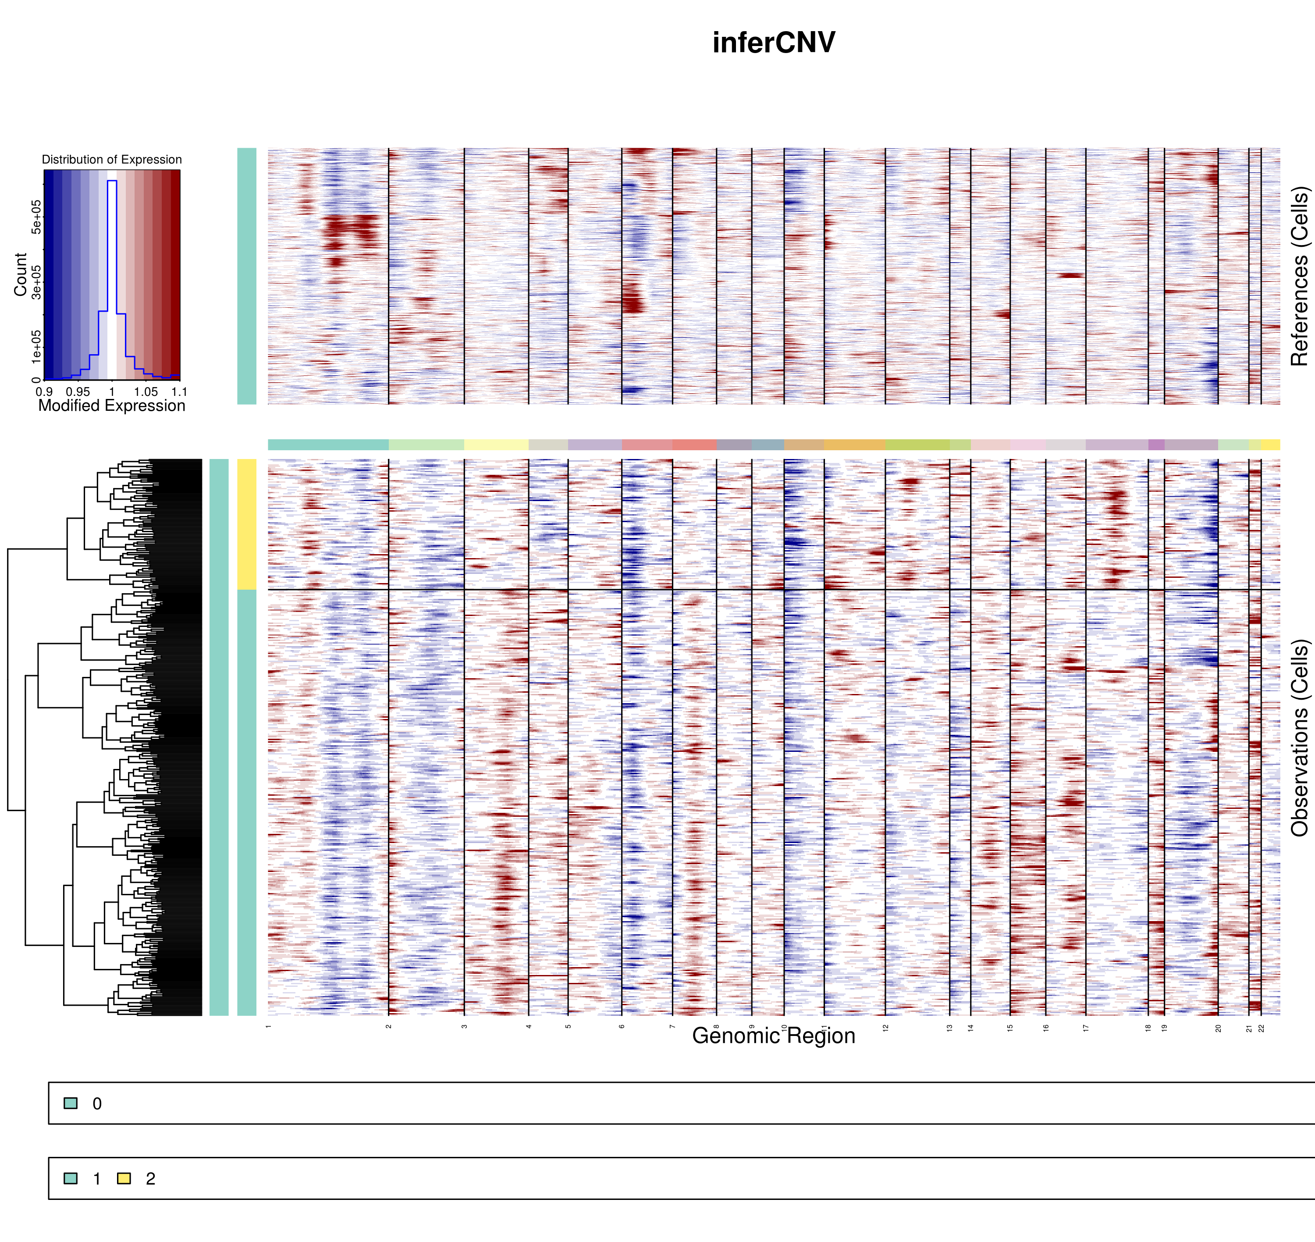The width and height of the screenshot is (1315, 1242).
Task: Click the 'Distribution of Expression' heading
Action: click(x=112, y=160)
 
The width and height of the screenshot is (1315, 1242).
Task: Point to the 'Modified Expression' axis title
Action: click(x=112, y=406)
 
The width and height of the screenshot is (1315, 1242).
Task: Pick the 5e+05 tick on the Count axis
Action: click(x=36, y=217)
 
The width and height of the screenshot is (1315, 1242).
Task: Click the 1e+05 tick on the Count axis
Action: click(x=36, y=347)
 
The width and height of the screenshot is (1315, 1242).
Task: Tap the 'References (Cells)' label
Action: click(x=1300, y=276)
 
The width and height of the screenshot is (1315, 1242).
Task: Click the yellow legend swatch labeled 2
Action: click(x=124, y=1178)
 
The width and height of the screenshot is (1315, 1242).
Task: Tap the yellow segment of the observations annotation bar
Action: click(x=247, y=524)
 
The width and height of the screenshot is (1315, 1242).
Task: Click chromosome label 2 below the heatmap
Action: click(x=388, y=1027)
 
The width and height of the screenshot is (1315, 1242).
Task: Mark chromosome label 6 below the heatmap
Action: click(x=622, y=1027)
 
